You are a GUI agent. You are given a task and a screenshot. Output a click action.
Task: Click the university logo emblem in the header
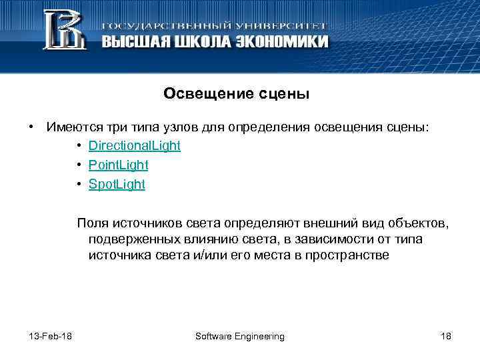[x=64, y=30]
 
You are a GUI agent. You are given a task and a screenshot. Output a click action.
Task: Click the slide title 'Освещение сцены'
[x=237, y=94]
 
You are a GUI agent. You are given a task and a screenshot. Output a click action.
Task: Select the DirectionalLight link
[x=134, y=145]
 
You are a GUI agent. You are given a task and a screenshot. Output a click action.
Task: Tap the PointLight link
[x=118, y=165]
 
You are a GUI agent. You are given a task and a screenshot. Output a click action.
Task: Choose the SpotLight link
[x=117, y=184]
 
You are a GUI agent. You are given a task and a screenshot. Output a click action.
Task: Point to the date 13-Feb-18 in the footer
[x=51, y=336]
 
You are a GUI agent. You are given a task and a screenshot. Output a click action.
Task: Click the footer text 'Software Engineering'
[x=239, y=336]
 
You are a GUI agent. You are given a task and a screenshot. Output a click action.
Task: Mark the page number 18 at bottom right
[x=446, y=336]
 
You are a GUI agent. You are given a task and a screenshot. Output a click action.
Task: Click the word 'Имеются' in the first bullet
[x=71, y=126]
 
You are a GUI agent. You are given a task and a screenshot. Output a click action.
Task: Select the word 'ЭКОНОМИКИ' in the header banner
[x=281, y=41]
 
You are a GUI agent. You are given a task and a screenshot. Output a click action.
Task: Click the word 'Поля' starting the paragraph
[x=91, y=222]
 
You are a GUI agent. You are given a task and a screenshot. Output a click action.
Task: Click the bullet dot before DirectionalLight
[x=79, y=146]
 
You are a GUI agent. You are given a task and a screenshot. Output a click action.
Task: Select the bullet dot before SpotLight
[x=79, y=185]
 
